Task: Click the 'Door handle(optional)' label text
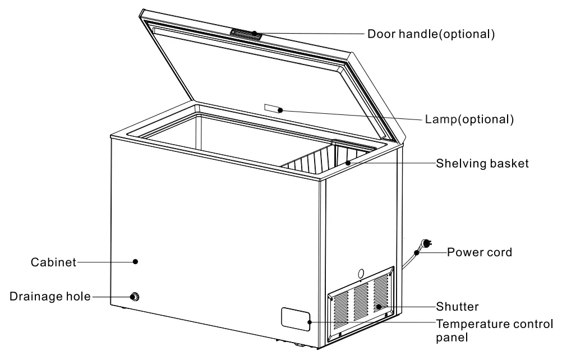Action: pos(431,34)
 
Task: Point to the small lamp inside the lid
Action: pos(271,108)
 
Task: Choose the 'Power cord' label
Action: pos(479,252)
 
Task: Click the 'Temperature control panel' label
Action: pos(494,324)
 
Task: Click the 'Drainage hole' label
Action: pos(49,297)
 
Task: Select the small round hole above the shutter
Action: pos(360,273)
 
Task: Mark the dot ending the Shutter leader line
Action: pos(380,307)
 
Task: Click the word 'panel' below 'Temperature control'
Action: pos(452,338)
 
